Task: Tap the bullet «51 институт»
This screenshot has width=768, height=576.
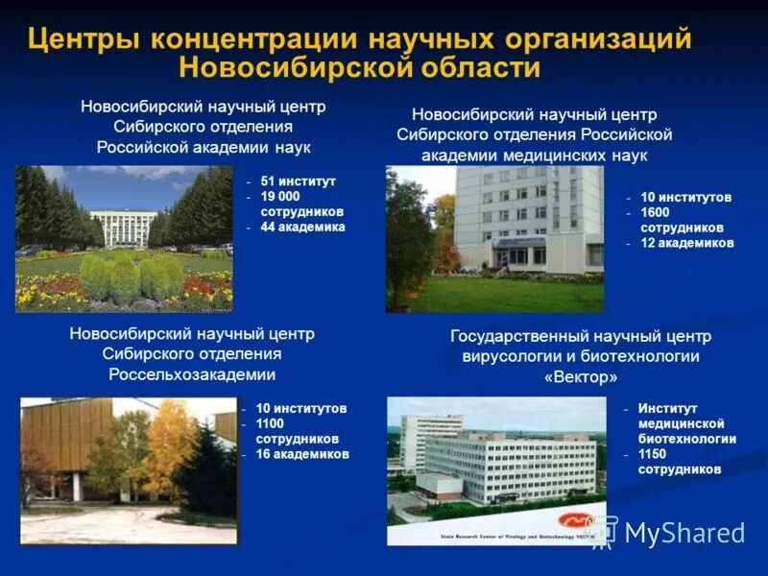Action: [x=298, y=180]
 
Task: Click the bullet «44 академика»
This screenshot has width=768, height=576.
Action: [x=302, y=228]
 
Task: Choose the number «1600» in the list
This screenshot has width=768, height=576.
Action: [x=658, y=212]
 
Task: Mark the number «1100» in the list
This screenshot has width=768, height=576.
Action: [x=273, y=423]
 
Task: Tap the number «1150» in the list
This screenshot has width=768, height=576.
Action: [x=656, y=454]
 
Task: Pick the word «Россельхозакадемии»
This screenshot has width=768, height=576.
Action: [x=192, y=374]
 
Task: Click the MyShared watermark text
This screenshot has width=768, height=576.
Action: [x=684, y=533]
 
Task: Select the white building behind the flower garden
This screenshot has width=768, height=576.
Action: [x=124, y=228]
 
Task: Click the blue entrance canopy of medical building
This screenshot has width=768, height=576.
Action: [x=517, y=242]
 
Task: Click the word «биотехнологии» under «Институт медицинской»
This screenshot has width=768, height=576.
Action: [x=686, y=439]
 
